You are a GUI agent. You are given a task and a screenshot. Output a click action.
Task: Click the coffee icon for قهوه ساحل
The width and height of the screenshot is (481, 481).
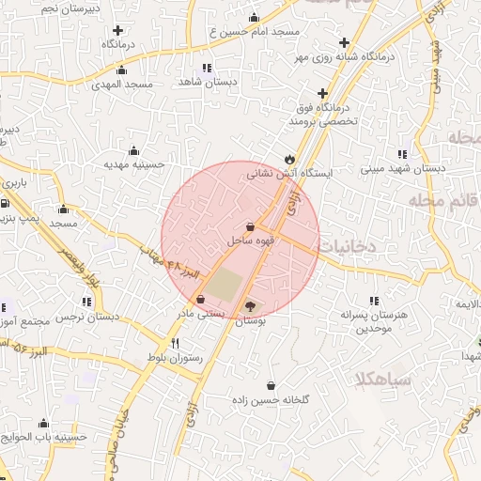[x=249, y=226]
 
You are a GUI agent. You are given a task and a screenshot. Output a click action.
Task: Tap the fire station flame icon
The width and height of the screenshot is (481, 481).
[x=288, y=158]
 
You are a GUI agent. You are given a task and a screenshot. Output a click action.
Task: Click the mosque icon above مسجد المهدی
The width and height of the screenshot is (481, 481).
[x=121, y=69]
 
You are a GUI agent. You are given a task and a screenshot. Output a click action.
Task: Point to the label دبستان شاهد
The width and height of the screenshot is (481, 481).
[x=205, y=83]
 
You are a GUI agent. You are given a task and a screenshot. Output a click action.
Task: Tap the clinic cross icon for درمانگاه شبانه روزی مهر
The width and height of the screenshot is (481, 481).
[x=345, y=42]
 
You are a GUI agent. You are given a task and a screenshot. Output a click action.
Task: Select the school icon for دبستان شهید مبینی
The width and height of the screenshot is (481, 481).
[x=402, y=154]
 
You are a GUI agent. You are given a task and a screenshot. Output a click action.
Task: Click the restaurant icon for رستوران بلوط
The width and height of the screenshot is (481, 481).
[x=175, y=343]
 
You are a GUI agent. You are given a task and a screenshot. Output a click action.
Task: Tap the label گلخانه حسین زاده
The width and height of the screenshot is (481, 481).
[x=272, y=399]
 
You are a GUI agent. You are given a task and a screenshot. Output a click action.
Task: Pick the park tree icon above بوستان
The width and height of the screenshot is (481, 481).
[x=250, y=305]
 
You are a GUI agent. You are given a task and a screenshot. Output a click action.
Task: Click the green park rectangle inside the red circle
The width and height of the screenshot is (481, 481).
[x=224, y=284]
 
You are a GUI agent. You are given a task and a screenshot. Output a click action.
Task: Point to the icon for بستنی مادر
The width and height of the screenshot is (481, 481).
[x=200, y=300]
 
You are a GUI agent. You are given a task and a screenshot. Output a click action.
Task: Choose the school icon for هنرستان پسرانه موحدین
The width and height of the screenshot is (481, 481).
[x=375, y=302]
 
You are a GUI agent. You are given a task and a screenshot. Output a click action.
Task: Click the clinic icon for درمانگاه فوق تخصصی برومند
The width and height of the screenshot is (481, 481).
[x=323, y=94]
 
